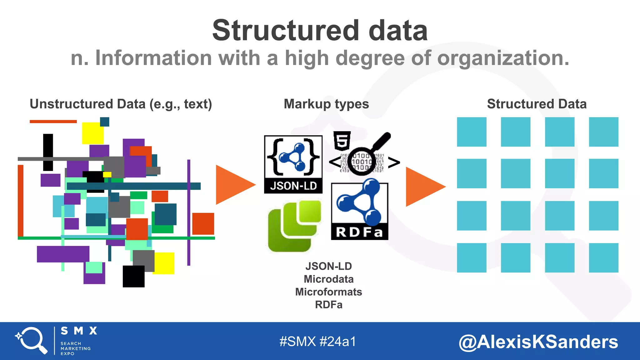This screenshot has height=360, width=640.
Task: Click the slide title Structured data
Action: coord(320,30)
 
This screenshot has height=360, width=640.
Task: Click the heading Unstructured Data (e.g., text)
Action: coord(121,104)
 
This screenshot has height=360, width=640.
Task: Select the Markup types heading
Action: coord(326,104)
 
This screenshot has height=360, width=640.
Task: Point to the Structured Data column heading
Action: coord(537,104)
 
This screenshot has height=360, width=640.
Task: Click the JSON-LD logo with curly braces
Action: coord(293,164)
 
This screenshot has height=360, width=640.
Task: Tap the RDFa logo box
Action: coord(359,211)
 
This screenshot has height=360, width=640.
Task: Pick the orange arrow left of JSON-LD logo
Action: coord(234,185)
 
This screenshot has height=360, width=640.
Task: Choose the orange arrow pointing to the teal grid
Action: coord(424,187)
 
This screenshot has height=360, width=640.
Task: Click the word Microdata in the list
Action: coord(328,279)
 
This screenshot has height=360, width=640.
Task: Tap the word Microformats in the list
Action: coord(328,292)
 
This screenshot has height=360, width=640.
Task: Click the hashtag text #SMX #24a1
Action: coord(317,341)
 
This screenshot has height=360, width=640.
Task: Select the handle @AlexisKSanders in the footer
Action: coord(538,342)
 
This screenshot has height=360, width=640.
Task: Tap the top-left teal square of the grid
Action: coord(472,132)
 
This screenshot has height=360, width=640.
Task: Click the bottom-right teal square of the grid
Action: coord(603,258)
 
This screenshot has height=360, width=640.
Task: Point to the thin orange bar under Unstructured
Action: coord(53,122)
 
